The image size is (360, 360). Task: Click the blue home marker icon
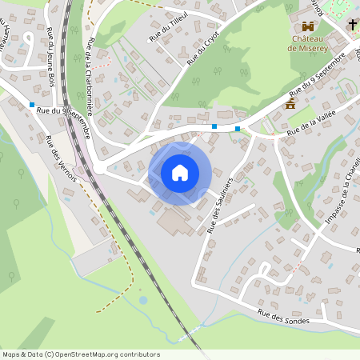tap(180, 173)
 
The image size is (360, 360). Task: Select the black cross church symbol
tap(352, 25)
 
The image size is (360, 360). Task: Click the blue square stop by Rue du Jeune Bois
tap(32, 105)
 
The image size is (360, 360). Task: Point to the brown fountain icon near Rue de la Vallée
tap(291, 104)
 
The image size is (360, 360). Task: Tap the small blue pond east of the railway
tap(143, 300)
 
